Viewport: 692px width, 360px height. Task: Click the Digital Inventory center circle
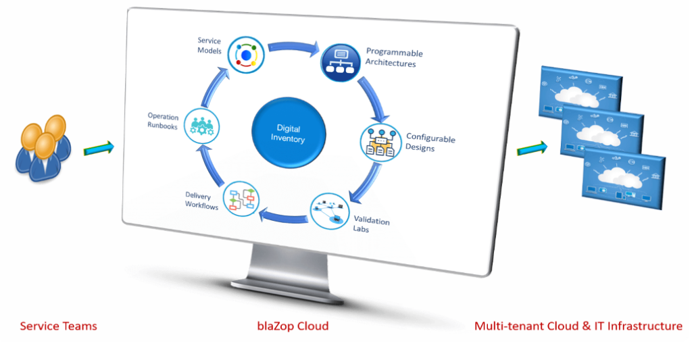click(x=289, y=134)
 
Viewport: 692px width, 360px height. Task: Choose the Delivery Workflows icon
click(x=241, y=198)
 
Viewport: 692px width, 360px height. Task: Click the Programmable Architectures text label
click(x=394, y=58)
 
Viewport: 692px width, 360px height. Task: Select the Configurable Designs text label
click(x=430, y=143)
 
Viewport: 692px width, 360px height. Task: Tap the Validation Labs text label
click(x=371, y=224)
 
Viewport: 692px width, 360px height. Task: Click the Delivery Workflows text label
click(x=201, y=201)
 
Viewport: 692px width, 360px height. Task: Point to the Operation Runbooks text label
click(x=162, y=120)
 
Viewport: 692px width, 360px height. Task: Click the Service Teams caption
click(x=58, y=326)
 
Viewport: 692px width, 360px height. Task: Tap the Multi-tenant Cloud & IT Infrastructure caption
click(x=578, y=326)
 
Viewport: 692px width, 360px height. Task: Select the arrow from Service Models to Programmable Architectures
click(x=293, y=48)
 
